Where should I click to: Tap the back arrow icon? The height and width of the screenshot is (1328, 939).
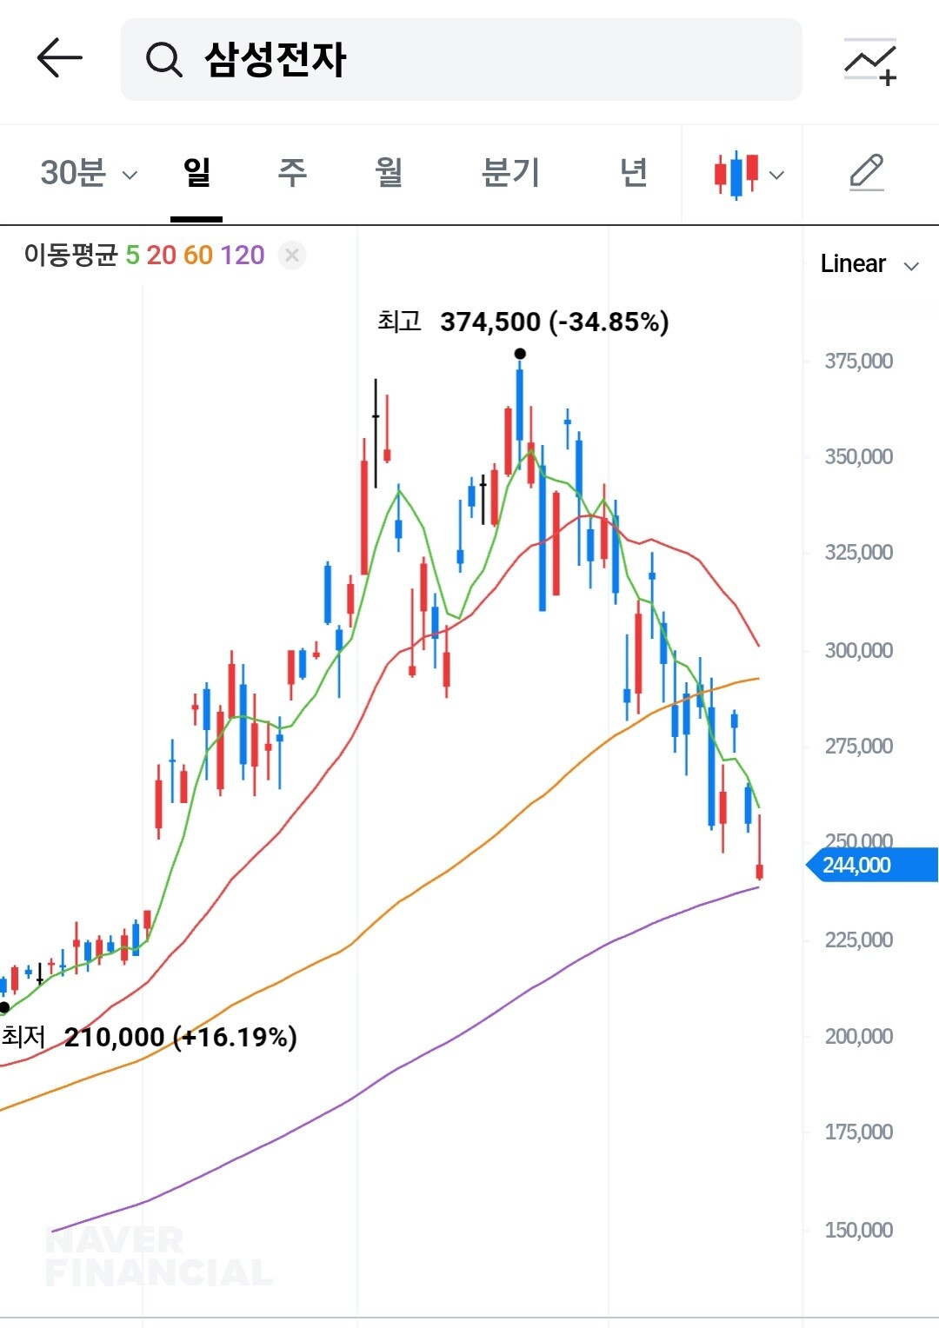point(59,57)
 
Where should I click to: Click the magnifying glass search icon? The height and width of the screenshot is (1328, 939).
point(163,59)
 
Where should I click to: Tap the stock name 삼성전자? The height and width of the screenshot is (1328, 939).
point(276,59)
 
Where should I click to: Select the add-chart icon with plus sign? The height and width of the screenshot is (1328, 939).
point(870,61)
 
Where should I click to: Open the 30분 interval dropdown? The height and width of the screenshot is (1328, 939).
point(89,173)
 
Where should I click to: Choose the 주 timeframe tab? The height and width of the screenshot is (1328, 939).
point(292,173)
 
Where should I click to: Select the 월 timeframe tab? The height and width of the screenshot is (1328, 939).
point(389,173)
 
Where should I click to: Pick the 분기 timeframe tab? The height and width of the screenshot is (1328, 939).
point(510,173)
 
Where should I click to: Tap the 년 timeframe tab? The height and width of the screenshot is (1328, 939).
point(634,173)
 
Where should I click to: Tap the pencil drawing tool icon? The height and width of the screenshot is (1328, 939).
point(867,173)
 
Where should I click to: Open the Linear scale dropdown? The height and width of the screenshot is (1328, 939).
point(869,264)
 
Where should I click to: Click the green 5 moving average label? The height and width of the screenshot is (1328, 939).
point(132,256)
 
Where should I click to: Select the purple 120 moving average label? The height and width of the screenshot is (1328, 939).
point(242,256)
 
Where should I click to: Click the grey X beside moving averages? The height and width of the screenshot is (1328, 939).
point(292,256)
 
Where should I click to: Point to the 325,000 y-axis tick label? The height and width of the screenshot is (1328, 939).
point(858,553)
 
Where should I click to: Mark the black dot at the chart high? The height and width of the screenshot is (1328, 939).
point(520,354)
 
